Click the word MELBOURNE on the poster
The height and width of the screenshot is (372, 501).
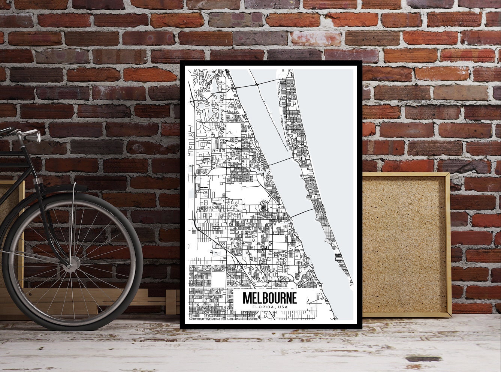[269, 298]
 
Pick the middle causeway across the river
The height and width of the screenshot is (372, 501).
[281, 161]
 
